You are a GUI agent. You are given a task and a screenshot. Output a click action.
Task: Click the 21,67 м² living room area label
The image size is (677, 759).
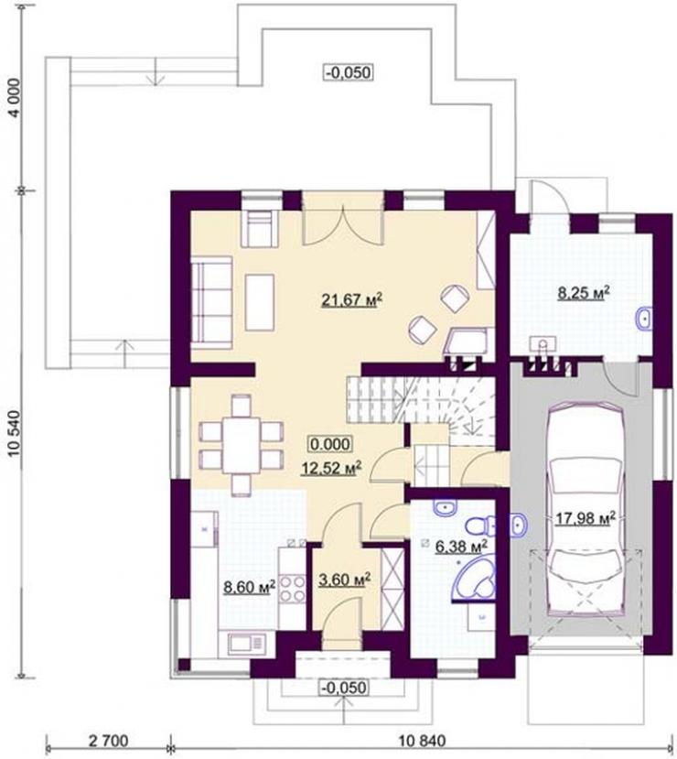point(352,299)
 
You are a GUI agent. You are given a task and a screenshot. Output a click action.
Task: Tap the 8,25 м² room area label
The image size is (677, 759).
point(583,293)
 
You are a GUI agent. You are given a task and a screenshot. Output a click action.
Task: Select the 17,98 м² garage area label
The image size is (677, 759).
point(585,518)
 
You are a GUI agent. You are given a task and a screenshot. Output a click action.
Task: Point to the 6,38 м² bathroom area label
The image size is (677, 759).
point(461,546)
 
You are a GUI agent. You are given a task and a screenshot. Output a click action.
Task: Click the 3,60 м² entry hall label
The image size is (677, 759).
point(345,579)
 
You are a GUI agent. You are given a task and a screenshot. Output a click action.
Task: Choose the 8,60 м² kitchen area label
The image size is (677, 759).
point(249,586)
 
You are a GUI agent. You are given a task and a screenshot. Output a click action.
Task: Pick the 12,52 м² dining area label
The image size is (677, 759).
point(332,468)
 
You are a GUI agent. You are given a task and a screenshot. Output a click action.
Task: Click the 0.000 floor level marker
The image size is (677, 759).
point(330,443)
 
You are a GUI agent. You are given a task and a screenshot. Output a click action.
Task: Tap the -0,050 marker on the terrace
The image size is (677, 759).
point(349,72)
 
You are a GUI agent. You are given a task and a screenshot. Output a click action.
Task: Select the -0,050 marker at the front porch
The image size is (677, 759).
point(344,688)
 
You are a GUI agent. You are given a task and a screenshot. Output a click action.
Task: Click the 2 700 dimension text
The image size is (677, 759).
point(108,741)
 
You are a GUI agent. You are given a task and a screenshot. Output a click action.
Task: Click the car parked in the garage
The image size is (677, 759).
point(586,510)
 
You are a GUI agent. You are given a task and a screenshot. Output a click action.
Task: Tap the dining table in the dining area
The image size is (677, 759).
point(242,446)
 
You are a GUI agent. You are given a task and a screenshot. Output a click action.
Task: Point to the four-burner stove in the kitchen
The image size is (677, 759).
point(293,588)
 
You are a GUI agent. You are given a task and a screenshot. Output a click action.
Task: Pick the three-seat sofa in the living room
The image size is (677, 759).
point(212,302)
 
